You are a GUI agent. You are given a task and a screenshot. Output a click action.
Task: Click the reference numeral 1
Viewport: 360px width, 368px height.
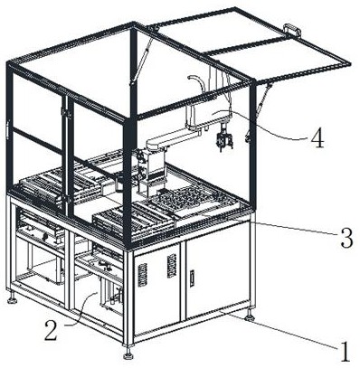click(x=345, y=352)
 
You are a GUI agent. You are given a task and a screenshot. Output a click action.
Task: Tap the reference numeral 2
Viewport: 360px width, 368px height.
click(x=51, y=330)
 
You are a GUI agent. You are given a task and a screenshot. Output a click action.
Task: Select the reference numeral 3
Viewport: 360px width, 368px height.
click(x=346, y=238)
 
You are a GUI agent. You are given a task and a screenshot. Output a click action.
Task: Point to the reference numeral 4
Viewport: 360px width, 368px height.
click(x=317, y=137)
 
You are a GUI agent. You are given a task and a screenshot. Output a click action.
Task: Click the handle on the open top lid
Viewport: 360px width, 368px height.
click(x=292, y=29)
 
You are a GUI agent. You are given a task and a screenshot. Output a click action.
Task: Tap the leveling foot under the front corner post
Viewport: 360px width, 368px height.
click(x=129, y=354)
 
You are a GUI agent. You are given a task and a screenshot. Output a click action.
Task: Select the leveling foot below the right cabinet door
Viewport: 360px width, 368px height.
click(x=251, y=316)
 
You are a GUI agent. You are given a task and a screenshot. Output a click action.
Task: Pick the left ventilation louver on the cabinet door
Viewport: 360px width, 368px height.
click(x=142, y=275)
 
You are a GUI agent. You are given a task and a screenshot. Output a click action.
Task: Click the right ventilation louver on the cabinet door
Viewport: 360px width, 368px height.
click(x=172, y=266)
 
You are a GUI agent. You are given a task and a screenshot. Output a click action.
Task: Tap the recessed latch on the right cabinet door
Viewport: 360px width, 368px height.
click(x=192, y=278)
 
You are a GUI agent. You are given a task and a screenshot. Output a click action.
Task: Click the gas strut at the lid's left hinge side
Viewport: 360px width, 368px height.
click(x=142, y=56)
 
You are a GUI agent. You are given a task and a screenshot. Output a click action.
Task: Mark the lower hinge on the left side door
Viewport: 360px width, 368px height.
click(x=67, y=199)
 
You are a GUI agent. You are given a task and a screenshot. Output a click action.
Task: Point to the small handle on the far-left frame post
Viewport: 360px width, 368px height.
click(x=7, y=130)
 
